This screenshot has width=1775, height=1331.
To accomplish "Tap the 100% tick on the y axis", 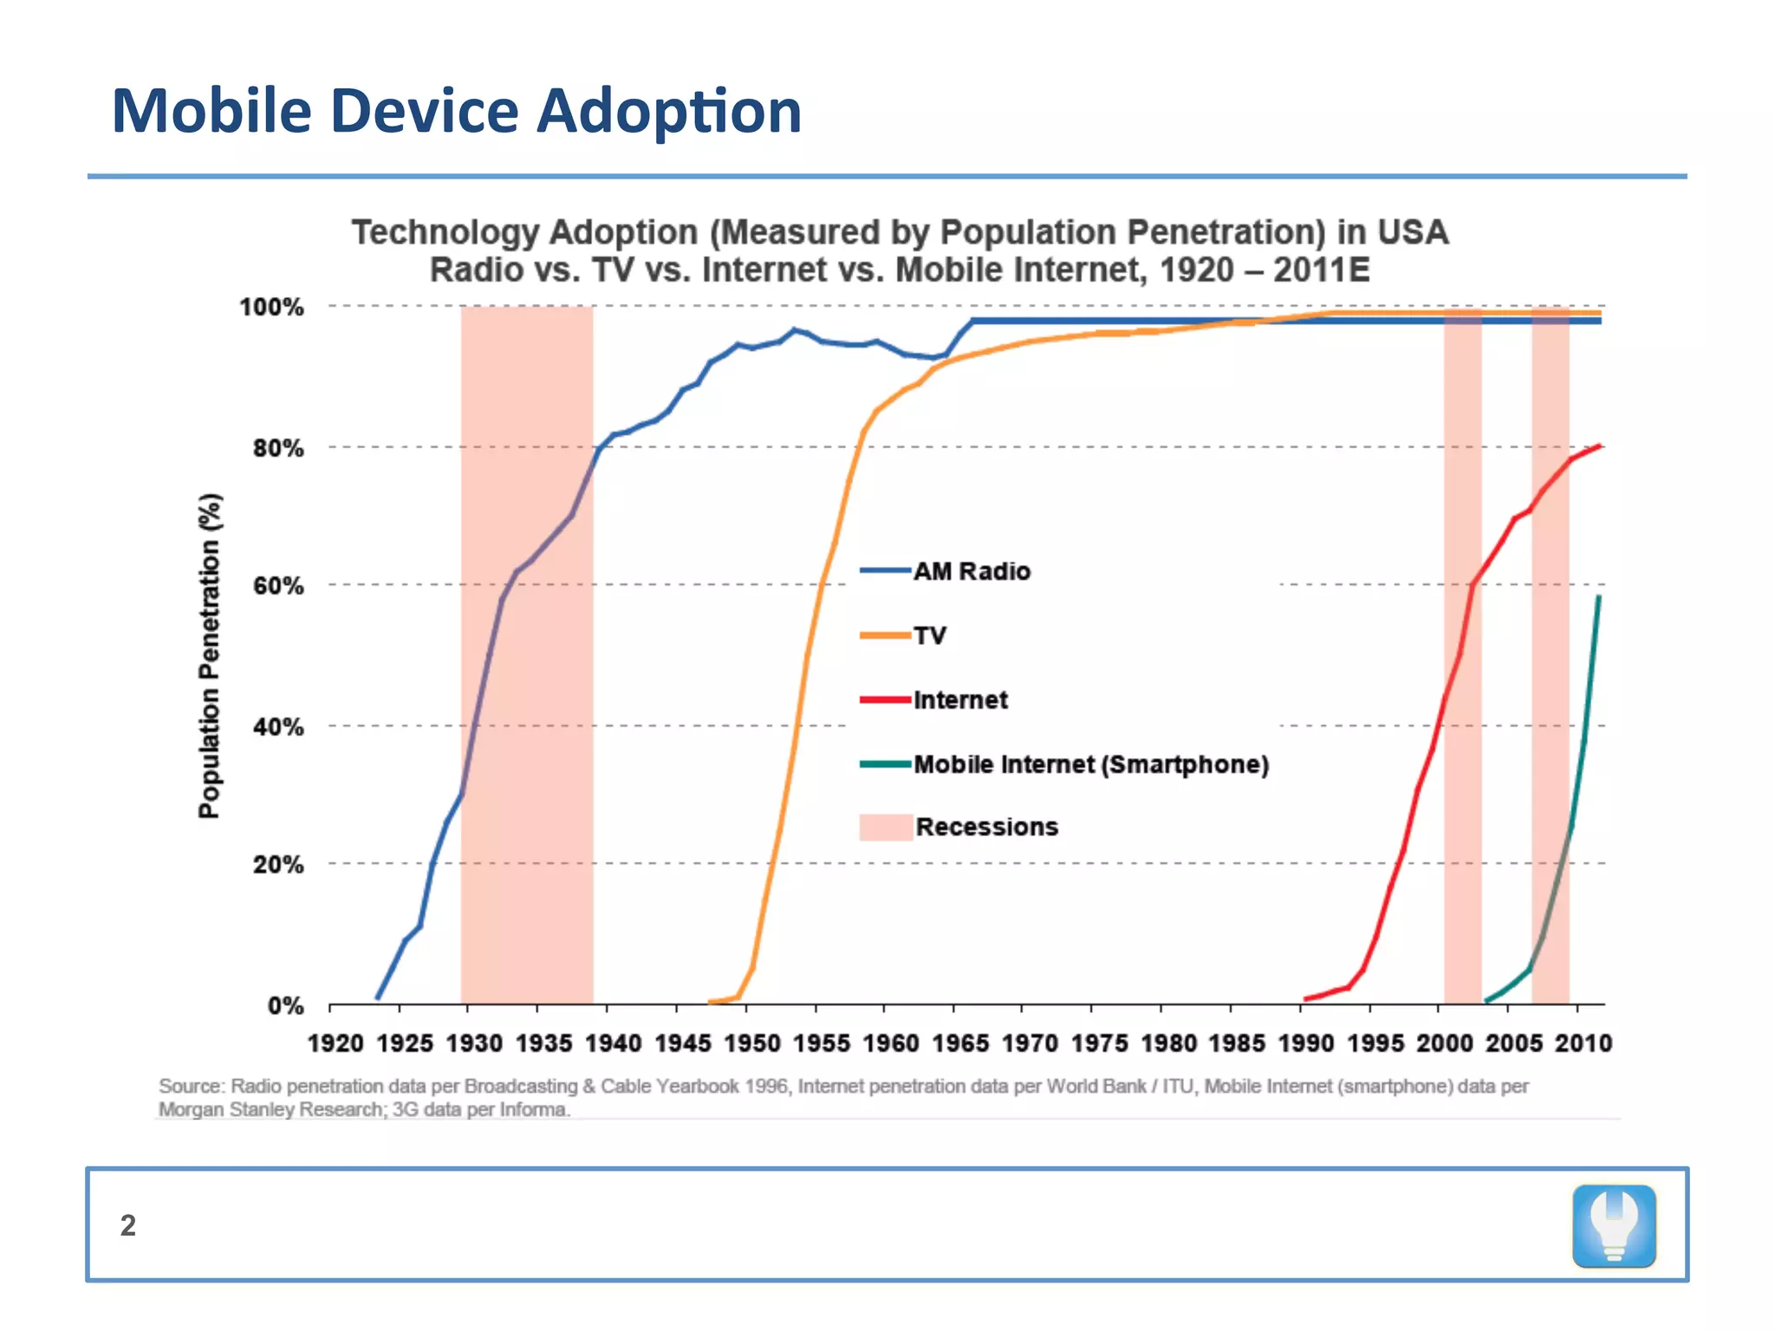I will [272, 308].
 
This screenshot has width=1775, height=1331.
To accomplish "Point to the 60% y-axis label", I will [278, 586].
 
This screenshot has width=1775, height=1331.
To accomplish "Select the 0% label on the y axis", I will [285, 1006].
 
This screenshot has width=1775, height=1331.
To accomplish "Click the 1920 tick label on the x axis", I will [335, 1043].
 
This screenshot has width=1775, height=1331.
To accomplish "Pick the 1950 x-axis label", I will [752, 1043].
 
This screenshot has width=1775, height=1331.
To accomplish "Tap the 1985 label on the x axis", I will [1237, 1043].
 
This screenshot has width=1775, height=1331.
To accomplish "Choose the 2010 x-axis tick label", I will [1583, 1043].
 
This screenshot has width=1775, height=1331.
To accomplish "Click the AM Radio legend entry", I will [972, 572].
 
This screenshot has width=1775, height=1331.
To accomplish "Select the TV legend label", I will [930, 636].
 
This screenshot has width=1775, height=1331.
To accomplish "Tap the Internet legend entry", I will [960, 700].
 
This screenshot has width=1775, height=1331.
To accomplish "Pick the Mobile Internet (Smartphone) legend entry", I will [1090, 764].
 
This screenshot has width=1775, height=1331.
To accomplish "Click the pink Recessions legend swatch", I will [885, 828].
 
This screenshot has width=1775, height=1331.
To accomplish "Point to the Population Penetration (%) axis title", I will [209, 656].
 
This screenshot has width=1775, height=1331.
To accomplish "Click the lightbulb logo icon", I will [1614, 1226].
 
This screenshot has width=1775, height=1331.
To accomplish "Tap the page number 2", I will [128, 1225].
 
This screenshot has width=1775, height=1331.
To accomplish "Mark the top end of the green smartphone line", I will [1599, 597].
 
